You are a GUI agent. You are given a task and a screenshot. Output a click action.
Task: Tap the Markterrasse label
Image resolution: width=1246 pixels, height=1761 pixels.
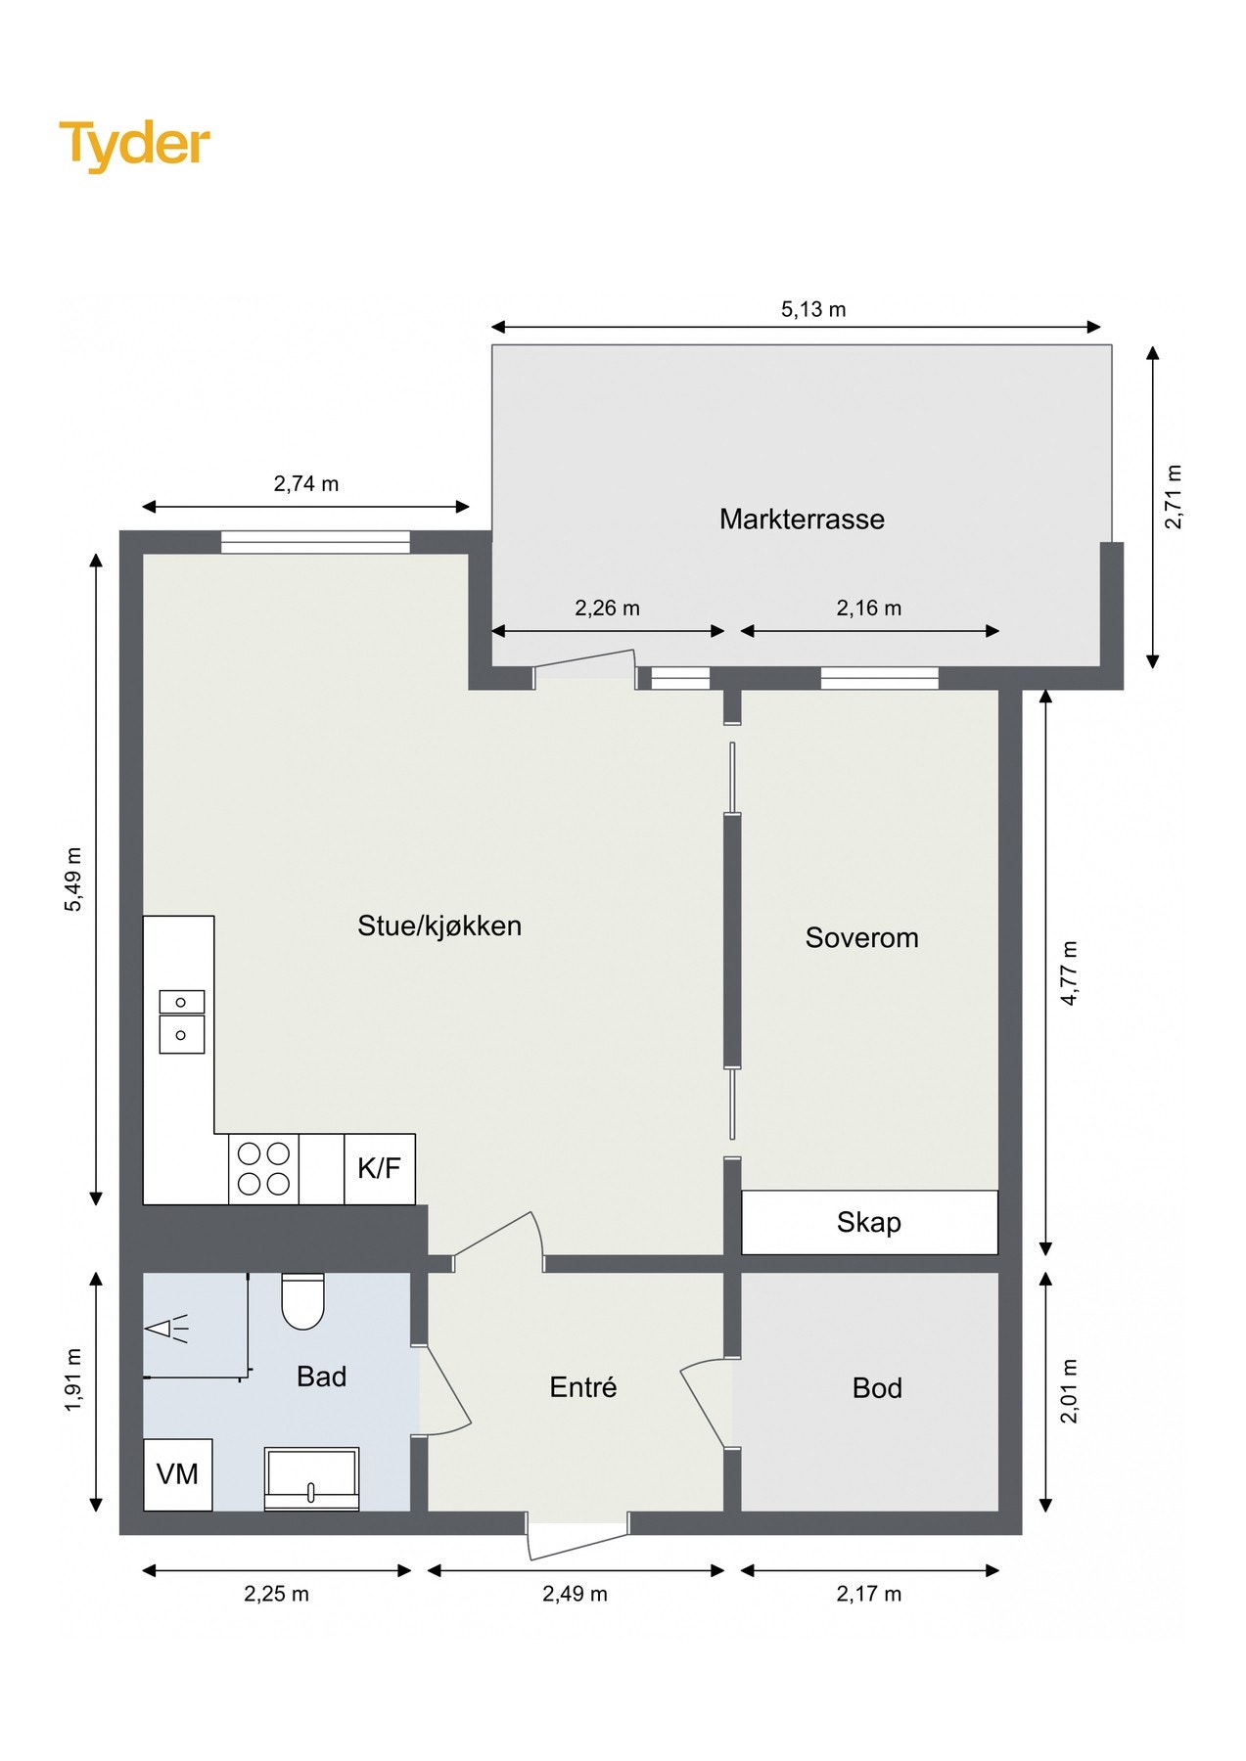click(x=802, y=519)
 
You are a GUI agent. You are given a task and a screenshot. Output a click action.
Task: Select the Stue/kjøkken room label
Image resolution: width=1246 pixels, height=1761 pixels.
click(x=439, y=926)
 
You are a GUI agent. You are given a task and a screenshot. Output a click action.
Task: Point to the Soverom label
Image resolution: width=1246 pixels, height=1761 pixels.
click(x=861, y=937)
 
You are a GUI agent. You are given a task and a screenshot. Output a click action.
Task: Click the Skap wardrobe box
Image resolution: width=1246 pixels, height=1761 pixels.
click(x=869, y=1222)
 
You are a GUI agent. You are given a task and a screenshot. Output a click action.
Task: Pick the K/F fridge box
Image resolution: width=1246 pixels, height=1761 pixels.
click(x=380, y=1168)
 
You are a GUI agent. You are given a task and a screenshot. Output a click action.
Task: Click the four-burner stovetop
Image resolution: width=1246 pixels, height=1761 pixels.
click(x=264, y=1168)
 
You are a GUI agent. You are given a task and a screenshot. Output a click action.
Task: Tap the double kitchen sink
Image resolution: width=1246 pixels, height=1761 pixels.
click(x=182, y=1021)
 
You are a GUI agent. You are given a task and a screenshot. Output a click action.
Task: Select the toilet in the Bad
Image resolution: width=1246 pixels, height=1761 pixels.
click(x=302, y=1301)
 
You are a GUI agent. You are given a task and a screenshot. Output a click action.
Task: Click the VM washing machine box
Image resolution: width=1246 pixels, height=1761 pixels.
click(x=178, y=1474)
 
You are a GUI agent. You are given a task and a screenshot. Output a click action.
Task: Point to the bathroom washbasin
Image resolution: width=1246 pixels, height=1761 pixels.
click(x=311, y=1478)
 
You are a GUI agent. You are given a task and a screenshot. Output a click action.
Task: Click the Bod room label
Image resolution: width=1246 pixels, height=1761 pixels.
click(x=877, y=1387)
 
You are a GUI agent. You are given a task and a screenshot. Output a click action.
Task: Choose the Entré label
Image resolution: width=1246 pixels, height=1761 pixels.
click(x=583, y=1386)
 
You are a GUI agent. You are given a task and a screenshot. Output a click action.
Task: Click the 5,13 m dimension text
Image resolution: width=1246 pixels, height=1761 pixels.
click(x=813, y=309)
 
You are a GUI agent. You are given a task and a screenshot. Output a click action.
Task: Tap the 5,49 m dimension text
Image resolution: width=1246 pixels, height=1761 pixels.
click(x=73, y=879)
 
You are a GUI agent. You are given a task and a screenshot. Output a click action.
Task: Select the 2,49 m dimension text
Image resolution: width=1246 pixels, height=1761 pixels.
click(x=576, y=1594)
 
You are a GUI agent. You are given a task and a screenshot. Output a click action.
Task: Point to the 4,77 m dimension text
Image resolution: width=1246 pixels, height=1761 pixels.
click(x=1069, y=972)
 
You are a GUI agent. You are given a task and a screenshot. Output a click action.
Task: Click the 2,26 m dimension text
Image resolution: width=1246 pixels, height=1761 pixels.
click(x=608, y=608)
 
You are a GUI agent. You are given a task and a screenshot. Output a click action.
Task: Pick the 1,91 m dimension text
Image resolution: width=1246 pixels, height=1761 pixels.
click(x=73, y=1379)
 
